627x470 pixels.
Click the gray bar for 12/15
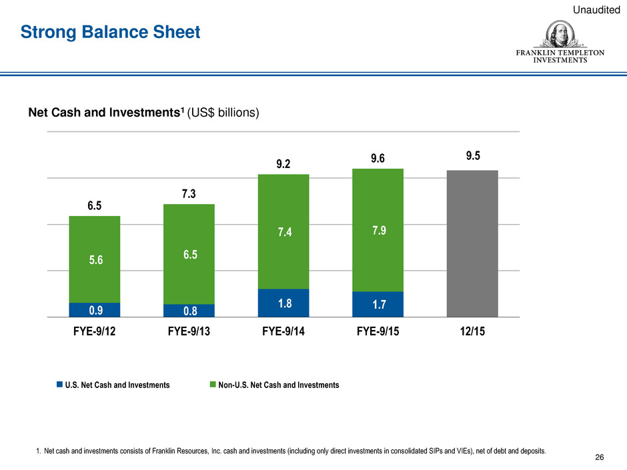tap(472, 243)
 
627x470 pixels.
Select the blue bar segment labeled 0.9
tap(95, 310)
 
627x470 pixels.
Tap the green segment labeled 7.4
tap(283, 231)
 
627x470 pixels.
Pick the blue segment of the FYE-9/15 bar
tap(378, 304)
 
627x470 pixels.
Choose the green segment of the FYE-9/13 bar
tap(189, 254)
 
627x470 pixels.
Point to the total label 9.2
tap(283, 163)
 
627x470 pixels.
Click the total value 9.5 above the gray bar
tap(472, 156)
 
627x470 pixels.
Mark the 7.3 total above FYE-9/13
tap(189, 193)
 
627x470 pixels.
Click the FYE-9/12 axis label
tap(95, 332)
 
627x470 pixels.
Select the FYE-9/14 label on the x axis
tap(283, 332)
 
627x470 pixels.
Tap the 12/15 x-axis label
tap(472, 332)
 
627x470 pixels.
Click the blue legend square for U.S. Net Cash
tap(59, 385)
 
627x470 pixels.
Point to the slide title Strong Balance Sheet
tap(110, 31)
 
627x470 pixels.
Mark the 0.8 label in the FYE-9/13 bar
tap(189, 311)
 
